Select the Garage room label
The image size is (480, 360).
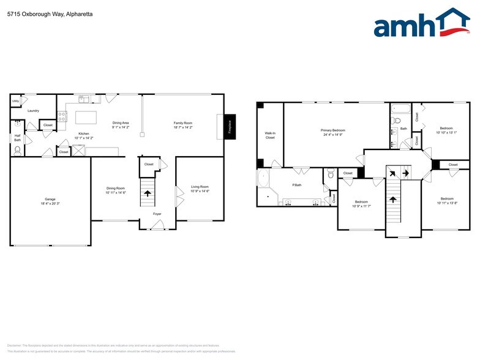pyautogui.click(x=50, y=199)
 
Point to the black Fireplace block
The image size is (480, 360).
pyautogui.click(x=230, y=127)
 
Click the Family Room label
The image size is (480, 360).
pyautogui.click(x=183, y=123)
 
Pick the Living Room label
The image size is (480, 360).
pyautogui.click(x=200, y=187)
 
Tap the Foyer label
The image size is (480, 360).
pyautogui.click(x=157, y=214)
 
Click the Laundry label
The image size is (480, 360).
pyautogui.click(x=33, y=111)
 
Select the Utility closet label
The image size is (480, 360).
pyautogui.click(x=15, y=101)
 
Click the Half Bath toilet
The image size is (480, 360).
pyautogui.click(x=17, y=149)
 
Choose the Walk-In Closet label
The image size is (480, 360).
pyautogui.click(x=270, y=135)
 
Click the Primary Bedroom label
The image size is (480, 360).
pyautogui.click(x=333, y=130)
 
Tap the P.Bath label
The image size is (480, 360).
pyautogui.click(x=296, y=185)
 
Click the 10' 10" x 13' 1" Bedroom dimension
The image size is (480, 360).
pyautogui.click(x=446, y=132)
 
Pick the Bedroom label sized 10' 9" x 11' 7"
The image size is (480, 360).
pyautogui.click(x=361, y=206)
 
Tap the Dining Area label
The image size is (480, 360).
pyautogui.click(x=121, y=123)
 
